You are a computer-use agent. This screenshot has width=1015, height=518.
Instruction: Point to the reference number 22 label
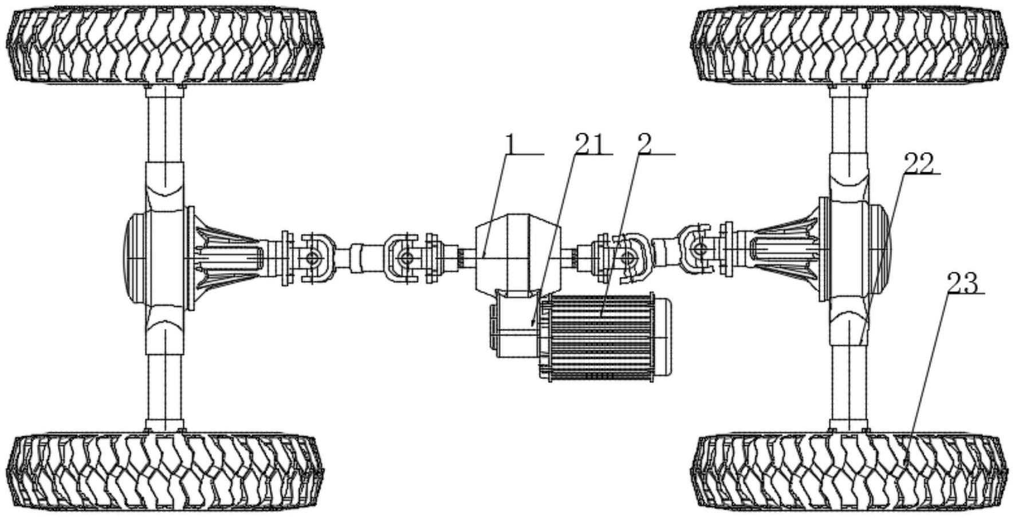pyautogui.click(x=918, y=164)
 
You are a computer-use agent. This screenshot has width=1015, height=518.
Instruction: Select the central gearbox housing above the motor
pyautogui.click(x=516, y=252)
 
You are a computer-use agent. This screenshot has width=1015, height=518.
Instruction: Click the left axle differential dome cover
pyautogui.click(x=134, y=258)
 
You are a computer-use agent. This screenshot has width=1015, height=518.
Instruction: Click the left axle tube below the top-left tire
pyautogui.click(x=165, y=123)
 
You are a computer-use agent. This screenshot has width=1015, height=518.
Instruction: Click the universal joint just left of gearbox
pyautogui.click(x=406, y=258)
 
